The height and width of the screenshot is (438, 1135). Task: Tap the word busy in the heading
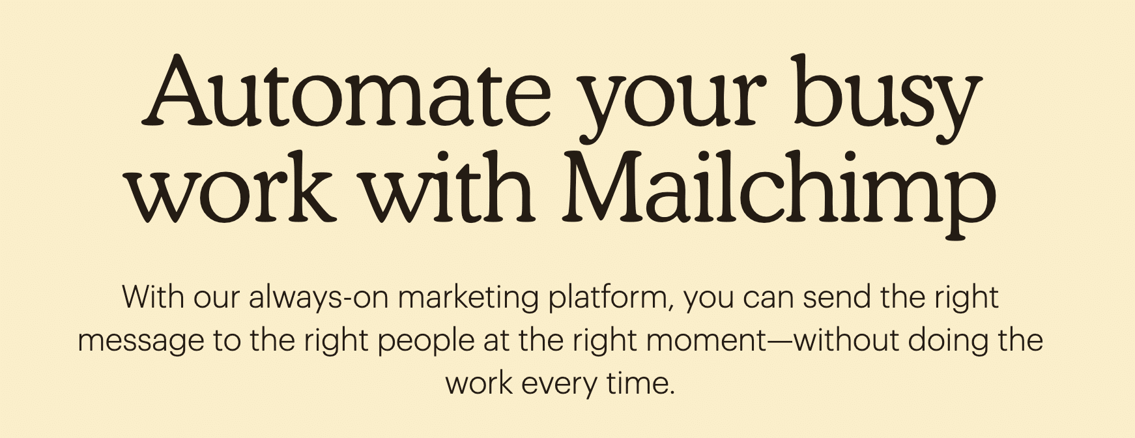click(x=887, y=98)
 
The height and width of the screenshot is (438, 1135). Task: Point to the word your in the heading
click(x=672, y=108)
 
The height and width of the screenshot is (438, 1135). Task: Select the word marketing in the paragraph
click(x=468, y=299)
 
